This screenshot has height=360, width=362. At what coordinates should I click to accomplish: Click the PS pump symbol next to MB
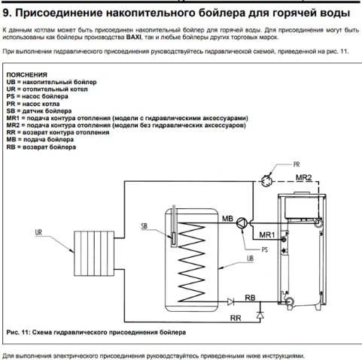tap(242, 222)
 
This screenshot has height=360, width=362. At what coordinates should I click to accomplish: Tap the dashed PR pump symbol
tap(266, 180)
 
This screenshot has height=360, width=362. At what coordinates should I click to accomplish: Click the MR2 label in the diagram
tap(304, 177)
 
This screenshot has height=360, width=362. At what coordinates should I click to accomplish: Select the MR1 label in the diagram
tap(267, 234)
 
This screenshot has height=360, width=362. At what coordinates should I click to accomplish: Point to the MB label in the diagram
tap(227, 219)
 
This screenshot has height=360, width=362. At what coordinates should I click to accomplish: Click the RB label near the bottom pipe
tap(250, 298)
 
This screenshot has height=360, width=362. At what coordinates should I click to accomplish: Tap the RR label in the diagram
tap(236, 318)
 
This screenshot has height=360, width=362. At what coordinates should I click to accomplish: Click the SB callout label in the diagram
tap(144, 226)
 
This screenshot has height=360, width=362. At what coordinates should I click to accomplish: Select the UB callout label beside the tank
tap(250, 259)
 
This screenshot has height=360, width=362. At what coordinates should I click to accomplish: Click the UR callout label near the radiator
tap(38, 232)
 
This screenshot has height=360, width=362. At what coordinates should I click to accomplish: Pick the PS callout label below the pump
tap(265, 250)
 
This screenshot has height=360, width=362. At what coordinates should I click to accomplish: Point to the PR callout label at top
tap(297, 165)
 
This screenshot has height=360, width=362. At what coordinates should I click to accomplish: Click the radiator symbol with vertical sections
tap(94, 253)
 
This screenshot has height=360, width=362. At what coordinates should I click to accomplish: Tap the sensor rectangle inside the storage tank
tap(174, 239)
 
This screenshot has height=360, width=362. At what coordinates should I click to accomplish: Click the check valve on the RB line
tap(230, 301)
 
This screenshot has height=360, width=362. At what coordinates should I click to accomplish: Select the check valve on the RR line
tap(260, 315)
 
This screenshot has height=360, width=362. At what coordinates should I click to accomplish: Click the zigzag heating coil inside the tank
tap(191, 262)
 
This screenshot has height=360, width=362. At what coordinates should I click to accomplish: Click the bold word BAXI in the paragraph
tap(134, 38)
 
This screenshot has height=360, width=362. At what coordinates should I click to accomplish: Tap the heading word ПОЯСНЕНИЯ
tap(27, 74)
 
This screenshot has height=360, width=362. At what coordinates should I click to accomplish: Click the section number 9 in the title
tap(7, 13)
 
